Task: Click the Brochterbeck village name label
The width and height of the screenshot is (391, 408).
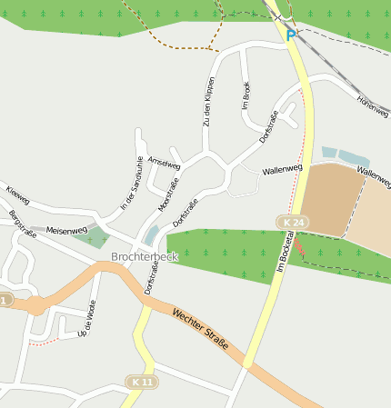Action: [x=144, y=257]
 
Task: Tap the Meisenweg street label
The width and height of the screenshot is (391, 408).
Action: [x=66, y=231]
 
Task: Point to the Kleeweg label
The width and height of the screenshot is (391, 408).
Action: [x=17, y=194]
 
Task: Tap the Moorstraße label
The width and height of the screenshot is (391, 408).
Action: [x=168, y=193]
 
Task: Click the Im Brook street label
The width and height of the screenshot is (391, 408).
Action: [x=246, y=95]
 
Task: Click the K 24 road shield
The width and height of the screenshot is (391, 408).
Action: [x=293, y=223]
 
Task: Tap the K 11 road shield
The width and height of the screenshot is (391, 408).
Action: [x=141, y=382]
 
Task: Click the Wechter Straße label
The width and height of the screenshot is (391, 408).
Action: [x=199, y=332]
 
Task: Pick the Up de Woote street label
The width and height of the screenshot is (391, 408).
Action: [x=88, y=319]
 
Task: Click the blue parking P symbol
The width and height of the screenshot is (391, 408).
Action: [x=291, y=35]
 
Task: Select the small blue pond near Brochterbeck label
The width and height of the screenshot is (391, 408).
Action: [x=151, y=235]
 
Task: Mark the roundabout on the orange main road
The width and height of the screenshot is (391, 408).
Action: [x=35, y=306]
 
